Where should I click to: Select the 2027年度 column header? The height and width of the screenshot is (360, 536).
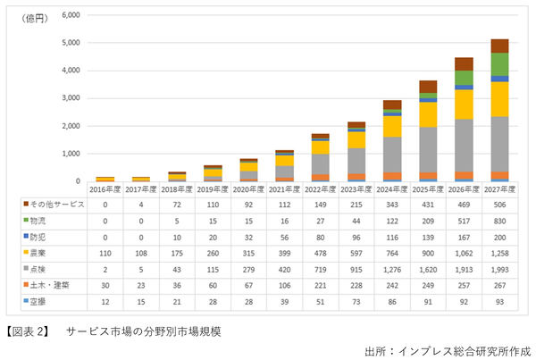500,188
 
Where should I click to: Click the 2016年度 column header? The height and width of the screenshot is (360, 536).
105,188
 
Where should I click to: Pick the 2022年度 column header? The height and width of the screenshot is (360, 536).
320,188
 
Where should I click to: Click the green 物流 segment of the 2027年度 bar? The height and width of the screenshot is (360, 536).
500,64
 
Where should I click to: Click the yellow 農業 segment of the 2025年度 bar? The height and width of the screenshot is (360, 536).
428,114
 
